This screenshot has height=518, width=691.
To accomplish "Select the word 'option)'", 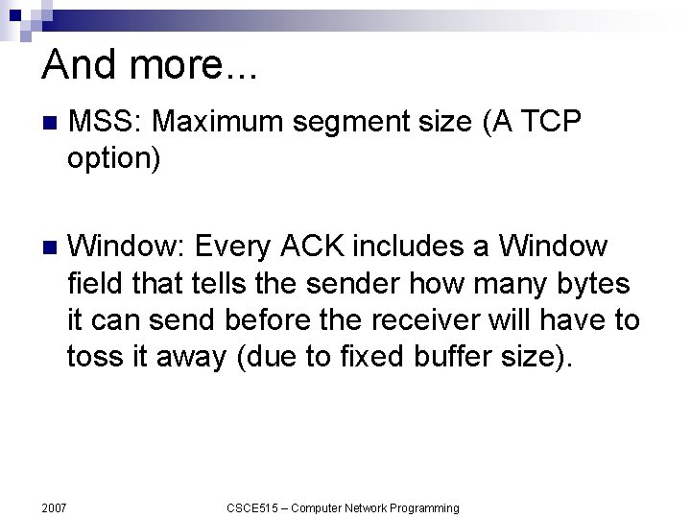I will pyautogui.click(x=113, y=158).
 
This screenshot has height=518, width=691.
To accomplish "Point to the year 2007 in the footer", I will pyautogui.click(x=55, y=507).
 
